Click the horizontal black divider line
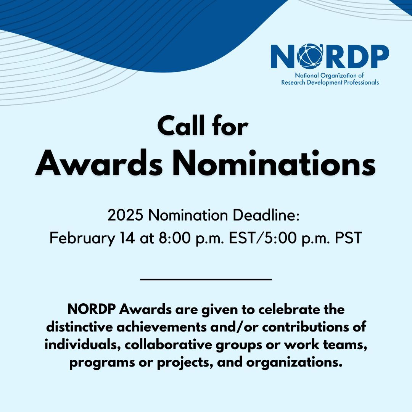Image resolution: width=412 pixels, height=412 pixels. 206,280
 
